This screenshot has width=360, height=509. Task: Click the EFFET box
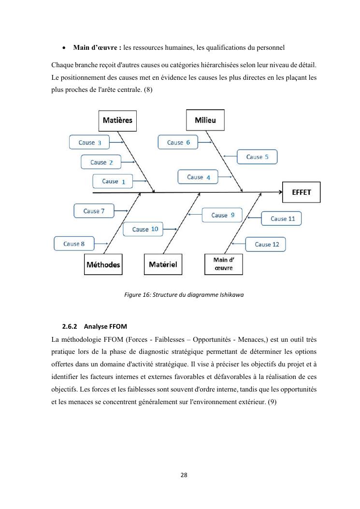tap(302, 192)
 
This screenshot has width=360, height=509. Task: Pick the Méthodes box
tap(103, 264)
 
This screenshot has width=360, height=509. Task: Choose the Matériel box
tap(163, 264)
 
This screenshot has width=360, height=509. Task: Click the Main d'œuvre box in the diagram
tap(223, 264)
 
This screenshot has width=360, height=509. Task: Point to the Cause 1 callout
tap(113, 181)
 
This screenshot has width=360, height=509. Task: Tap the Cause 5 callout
tap(257, 157)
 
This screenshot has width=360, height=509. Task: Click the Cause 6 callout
tap(178, 142)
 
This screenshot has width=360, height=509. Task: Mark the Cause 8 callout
tap(73, 244)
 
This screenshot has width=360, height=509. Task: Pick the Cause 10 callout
tap(144, 229)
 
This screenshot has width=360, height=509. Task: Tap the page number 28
tap(184, 475)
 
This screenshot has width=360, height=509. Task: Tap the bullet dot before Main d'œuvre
tap(64, 48)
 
